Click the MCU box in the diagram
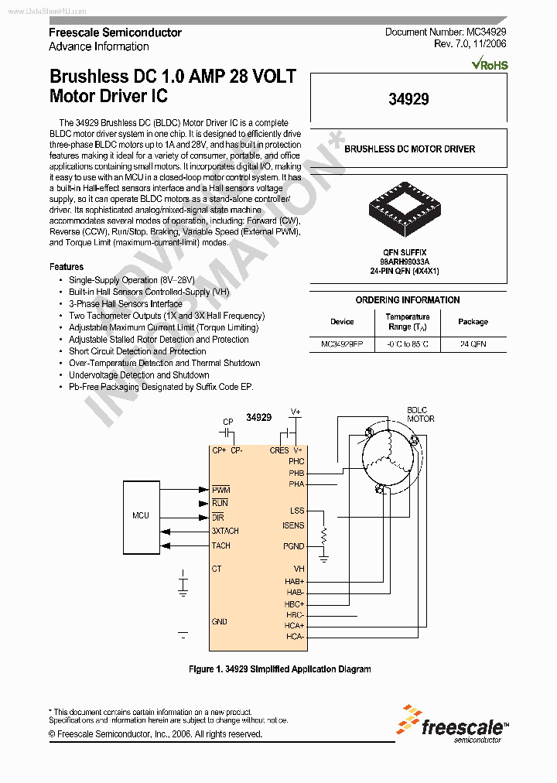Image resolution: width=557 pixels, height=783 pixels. pos(140,516)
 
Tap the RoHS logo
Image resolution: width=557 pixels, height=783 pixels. pos(489,65)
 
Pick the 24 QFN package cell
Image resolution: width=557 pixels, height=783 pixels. pos(473,344)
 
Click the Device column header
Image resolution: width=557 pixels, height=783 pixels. pos(342,322)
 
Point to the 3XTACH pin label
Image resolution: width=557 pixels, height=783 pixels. pos(225,532)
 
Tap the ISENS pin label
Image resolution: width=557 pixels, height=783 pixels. pos(293,526)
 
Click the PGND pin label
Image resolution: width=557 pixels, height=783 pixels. pos(293,546)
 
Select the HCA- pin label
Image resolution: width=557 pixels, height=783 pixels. pos(294,637)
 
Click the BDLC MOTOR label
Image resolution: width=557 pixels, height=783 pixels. pos(421,415)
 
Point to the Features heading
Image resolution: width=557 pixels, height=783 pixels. pos(67,267)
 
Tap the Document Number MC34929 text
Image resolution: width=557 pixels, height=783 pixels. pos(446,32)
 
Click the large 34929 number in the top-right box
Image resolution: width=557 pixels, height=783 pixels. pos(408,98)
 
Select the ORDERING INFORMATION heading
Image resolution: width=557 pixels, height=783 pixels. pos(408,300)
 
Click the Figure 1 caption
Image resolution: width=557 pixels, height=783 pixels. pos(280,669)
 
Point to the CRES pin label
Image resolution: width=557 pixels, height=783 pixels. pos(279,450)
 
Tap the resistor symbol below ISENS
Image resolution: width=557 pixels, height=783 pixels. pos(324,535)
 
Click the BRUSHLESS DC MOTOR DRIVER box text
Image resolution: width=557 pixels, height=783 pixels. pos(409,149)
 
